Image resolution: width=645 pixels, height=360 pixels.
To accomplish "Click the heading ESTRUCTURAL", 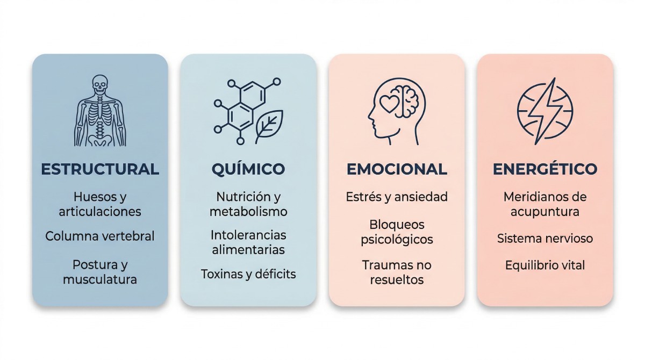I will click(100, 169).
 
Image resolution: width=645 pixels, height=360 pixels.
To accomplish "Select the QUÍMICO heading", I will click(248, 169).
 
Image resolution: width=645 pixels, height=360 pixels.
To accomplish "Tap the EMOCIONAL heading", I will click(397, 169).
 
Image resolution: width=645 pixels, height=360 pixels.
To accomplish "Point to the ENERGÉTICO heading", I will click(545, 169).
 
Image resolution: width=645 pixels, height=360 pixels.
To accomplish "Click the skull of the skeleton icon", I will click(100, 84).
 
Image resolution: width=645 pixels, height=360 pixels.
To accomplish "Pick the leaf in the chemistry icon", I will click(268, 126).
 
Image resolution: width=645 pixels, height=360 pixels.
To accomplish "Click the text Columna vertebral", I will click(100, 236).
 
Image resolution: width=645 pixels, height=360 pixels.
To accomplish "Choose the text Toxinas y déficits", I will click(248, 274).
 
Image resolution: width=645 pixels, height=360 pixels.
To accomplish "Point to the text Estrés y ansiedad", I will click(397, 197).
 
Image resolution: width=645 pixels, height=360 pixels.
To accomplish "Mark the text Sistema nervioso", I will click(545, 238).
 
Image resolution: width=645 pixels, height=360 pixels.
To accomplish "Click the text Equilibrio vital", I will click(545, 265).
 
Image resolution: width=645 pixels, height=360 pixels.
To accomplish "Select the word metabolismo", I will click(248, 212).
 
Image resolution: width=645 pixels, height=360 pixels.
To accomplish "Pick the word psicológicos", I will click(397, 239).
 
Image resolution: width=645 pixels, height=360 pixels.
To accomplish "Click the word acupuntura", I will click(545, 212).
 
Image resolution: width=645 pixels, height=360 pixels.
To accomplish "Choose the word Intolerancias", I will click(248, 235).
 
